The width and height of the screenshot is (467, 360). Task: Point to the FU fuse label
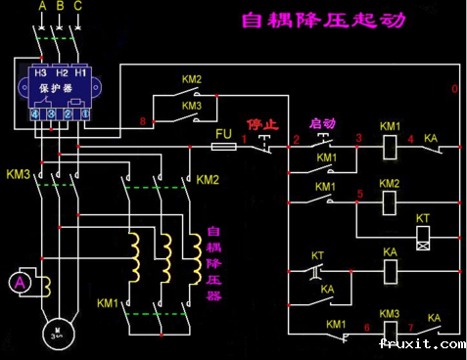pos(221,130)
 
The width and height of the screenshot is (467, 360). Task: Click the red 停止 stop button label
pos(261,125)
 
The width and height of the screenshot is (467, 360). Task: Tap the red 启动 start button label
pos(322,125)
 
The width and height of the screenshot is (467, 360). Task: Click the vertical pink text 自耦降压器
pos(212,265)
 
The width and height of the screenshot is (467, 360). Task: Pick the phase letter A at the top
pos(41,6)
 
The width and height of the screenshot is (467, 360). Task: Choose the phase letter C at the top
pos(78,6)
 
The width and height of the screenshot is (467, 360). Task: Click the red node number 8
pos(143,121)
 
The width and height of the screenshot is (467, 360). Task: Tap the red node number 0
pos(454,89)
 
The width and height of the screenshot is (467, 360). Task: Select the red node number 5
pos(360,193)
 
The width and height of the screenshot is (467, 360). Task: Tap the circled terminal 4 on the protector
pos(34,113)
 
